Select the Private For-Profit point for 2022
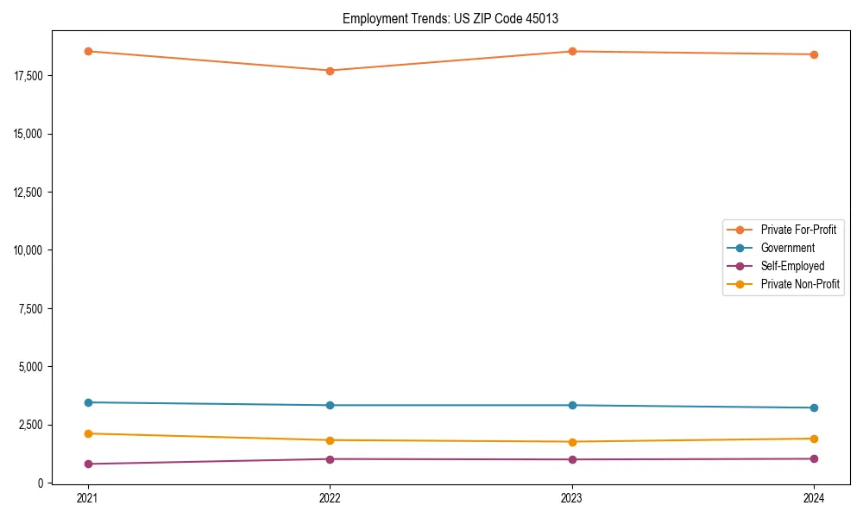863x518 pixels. pyautogui.click(x=330, y=71)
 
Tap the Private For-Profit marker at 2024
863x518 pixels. pyautogui.click(x=814, y=54)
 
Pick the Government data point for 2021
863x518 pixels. pyautogui.click(x=88, y=402)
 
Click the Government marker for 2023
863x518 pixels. pyautogui.click(x=572, y=405)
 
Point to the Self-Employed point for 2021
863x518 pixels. pyautogui.click(x=88, y=464)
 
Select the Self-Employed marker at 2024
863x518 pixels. pyautogui.click(x=814, y=458)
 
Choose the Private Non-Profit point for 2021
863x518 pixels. pyautogui.click(x=88, y=433)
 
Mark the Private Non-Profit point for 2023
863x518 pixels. pyautogui.click(x=572, y=442)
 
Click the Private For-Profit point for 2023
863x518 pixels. pyautogui.click(x=572, y=52)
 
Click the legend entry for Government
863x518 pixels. pyautogui.click(x=787, y=248)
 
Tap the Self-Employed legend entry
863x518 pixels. pyautogui.click(x=792, y=266)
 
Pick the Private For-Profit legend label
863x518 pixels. pyautogui.click(x=798, y=230)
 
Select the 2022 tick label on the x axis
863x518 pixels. pyautogui.click(x=330, y=498)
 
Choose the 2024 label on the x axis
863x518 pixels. pyautogui.click(x=814, y=498)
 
